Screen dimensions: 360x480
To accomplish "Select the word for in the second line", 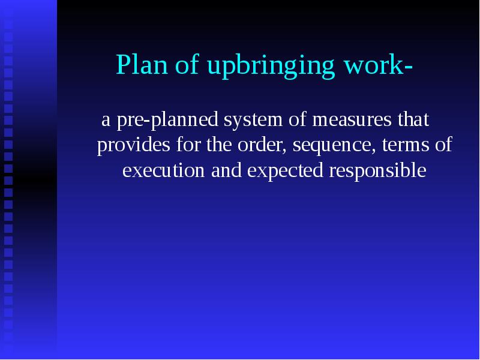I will pos(187,146).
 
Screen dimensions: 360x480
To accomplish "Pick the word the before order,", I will pos(219,146).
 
